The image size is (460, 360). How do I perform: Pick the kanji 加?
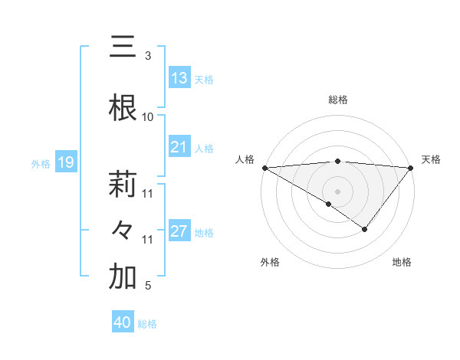123,277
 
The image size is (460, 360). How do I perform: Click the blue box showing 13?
179,78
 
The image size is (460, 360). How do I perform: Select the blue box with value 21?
179,147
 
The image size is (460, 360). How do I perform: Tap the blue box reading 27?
179,231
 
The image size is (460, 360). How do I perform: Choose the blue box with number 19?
65,162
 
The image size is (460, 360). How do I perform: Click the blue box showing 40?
123,322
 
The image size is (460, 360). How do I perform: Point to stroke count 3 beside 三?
147,56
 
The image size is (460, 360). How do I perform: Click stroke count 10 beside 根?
147,117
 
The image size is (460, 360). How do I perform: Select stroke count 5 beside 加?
147,286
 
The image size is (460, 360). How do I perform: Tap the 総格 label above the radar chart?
337,100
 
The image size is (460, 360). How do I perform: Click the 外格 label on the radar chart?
270,262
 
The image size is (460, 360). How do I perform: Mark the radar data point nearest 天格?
411,167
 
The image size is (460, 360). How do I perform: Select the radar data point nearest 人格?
264,167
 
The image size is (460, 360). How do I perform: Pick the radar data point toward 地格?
365,229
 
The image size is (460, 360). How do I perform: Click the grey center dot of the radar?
337,191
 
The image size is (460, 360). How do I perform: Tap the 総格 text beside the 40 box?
147,324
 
